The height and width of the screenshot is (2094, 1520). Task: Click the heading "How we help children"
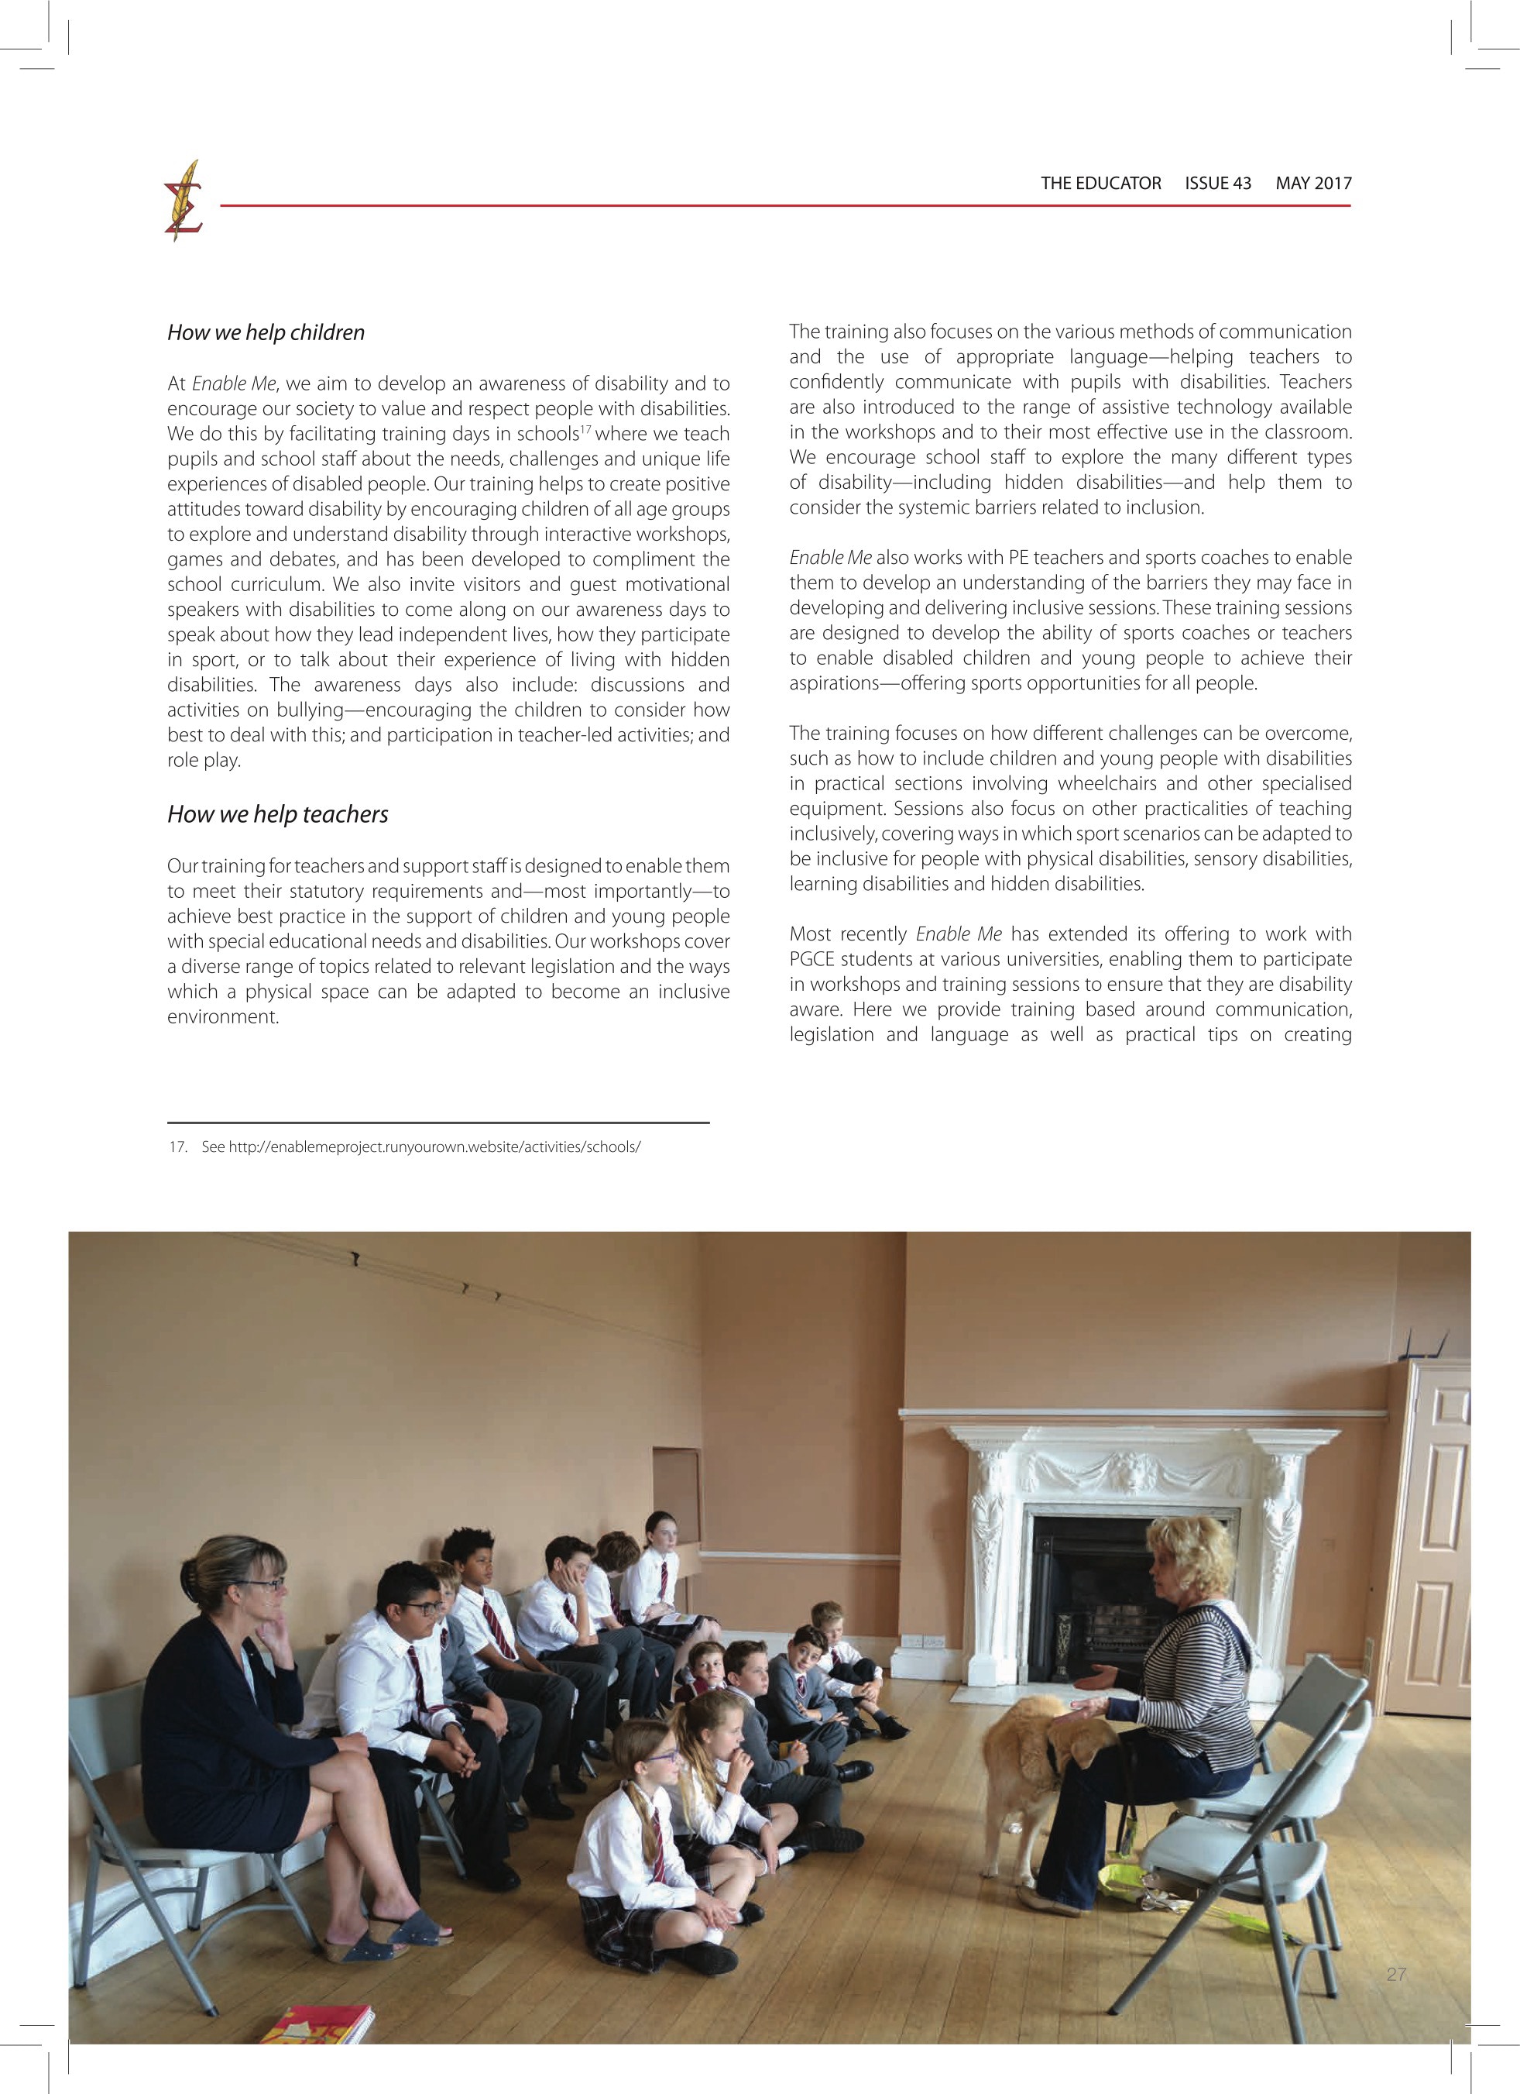coord(266,333)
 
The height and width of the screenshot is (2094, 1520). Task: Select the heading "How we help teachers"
coord(278,814)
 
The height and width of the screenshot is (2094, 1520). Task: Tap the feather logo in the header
coord(183,201)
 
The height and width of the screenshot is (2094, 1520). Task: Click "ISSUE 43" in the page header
coord(1218,183)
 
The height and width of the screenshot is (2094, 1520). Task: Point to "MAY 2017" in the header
coord(1313,183)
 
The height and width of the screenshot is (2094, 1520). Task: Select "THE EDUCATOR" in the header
coord(1101,183)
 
